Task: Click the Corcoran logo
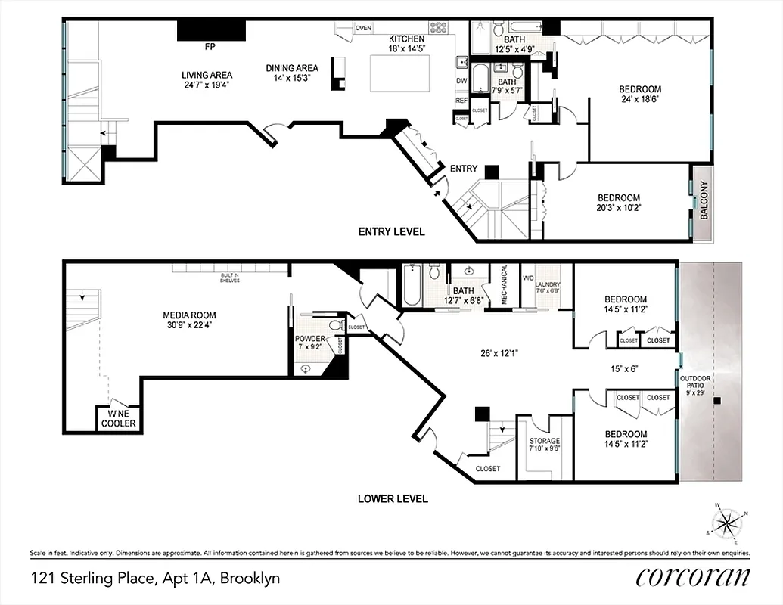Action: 693,577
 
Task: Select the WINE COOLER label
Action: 119,419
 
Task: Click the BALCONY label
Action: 703,201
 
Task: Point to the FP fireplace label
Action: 210,47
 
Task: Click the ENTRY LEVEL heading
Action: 391,232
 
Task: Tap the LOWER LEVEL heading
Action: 393,498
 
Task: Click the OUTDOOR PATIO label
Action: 694,382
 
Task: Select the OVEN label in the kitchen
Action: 364,28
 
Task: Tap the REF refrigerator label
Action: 461,100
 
